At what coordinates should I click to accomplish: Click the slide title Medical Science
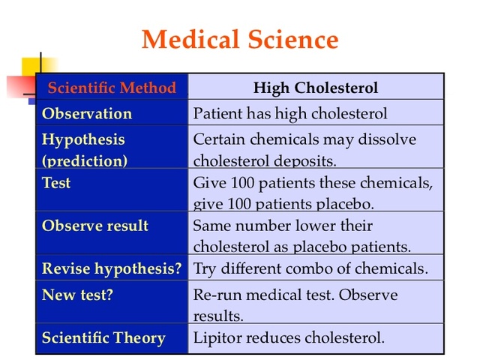coord(240,38)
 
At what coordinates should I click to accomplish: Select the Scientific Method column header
coord(112,88)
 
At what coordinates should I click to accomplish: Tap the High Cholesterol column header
coord(316,88)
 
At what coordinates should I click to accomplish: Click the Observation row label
coord(87,114)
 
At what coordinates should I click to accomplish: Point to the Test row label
coord(56,182)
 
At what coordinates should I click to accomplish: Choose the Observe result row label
coord(95,226)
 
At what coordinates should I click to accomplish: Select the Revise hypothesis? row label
coord(112,268)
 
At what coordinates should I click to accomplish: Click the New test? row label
coord(78,295)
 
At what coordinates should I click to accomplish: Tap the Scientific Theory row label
coord(103,337)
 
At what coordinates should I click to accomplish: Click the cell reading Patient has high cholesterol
coord(290,114)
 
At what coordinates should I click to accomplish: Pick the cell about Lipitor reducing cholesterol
coord(289,337)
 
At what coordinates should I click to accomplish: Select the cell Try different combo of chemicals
coord(310,268)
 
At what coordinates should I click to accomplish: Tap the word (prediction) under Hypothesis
coord(85,160)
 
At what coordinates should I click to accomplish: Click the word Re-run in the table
coord(217,295)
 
